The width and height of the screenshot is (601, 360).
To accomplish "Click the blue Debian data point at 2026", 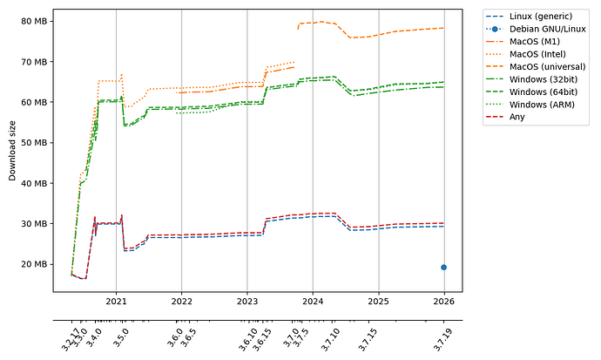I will tap(443, 268).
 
